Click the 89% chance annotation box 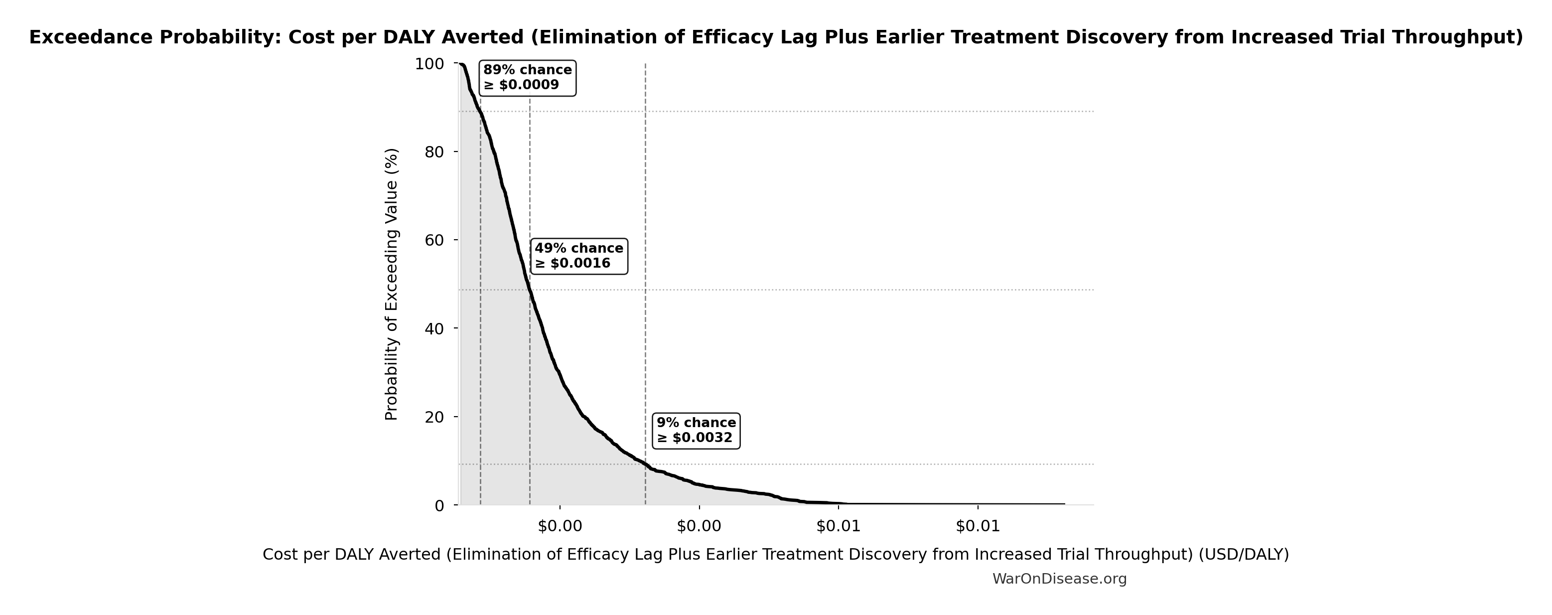tap(527, 78)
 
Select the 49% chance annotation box tap(579, 256)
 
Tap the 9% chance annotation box tap(696, 431)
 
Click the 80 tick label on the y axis tap(434, 152)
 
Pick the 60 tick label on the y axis tap(434, 240)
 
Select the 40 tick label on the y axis tap(434, 328)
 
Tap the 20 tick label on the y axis tap(434, 417)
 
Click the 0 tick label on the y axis tap(438, 505)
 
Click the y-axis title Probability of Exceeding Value tap(392, 284)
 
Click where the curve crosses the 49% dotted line tap(530, 290)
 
